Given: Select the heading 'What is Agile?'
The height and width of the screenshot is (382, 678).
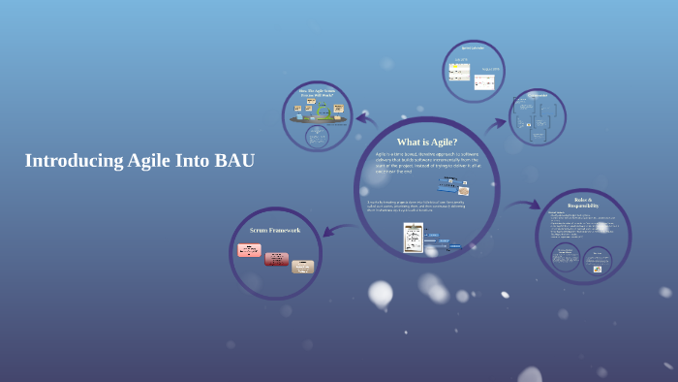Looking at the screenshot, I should coord(426,143).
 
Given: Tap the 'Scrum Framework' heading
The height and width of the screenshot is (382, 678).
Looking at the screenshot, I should coord(275,230).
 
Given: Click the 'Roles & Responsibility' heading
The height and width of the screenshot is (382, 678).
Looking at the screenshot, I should coord(583,204).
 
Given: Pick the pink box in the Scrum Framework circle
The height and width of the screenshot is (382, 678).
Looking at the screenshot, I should coord(249,250).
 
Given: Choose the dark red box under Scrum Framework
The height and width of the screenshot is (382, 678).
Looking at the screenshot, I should coord(277,259).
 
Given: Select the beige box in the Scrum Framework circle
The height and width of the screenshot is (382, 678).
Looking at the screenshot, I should coord(302,267).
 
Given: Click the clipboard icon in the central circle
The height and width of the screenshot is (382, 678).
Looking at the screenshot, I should coord(414,237).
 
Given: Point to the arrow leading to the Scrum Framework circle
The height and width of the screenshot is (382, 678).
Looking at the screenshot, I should coord(335,228).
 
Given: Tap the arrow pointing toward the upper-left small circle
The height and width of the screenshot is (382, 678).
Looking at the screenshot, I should coord(366,120).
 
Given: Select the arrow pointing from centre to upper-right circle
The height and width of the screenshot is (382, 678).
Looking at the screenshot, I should coord(495,123).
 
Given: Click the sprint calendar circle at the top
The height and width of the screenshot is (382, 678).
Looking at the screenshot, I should coord(474,71).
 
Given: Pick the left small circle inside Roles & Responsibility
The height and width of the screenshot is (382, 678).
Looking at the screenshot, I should coord(566,256).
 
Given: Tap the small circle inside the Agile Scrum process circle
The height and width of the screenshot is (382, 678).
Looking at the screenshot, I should coord(317,137).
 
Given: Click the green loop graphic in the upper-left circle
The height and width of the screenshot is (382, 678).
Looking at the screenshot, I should coord(323,112).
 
